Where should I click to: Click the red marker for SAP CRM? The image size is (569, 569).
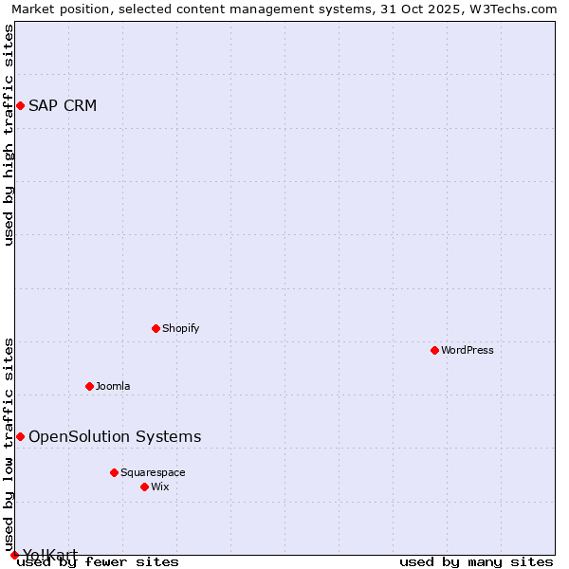(x=20, y=105)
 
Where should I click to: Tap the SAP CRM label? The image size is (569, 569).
(x=63, y=105)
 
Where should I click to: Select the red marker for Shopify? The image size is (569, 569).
(x=156, y=328)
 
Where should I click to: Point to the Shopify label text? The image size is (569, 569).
(x=180, y=328)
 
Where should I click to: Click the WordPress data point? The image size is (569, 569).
(x=434, y=350)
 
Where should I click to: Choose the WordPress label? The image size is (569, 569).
(x=467, y=350)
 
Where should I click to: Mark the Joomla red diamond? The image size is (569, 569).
(x=89, y=386)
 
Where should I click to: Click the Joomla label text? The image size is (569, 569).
(x=113, y=386)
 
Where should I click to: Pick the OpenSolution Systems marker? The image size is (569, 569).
(x=20, y=436)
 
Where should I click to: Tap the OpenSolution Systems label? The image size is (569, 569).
(x=115, y=436)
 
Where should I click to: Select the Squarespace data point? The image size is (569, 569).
(x=114, y=472)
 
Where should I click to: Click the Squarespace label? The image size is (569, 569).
(x=153, y=472)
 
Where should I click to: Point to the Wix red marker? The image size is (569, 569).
(x=144, y=486)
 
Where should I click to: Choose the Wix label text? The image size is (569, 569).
(x=160, y=486)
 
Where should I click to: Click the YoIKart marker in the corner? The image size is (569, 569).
(x=14, y=555)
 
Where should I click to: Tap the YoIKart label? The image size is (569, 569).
(x=50, y=555)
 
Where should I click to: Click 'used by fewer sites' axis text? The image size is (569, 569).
(x=98, y=561)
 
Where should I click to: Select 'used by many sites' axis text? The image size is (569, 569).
(x=476, y=561)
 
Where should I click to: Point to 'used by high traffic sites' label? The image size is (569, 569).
(x=9, y=135)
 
